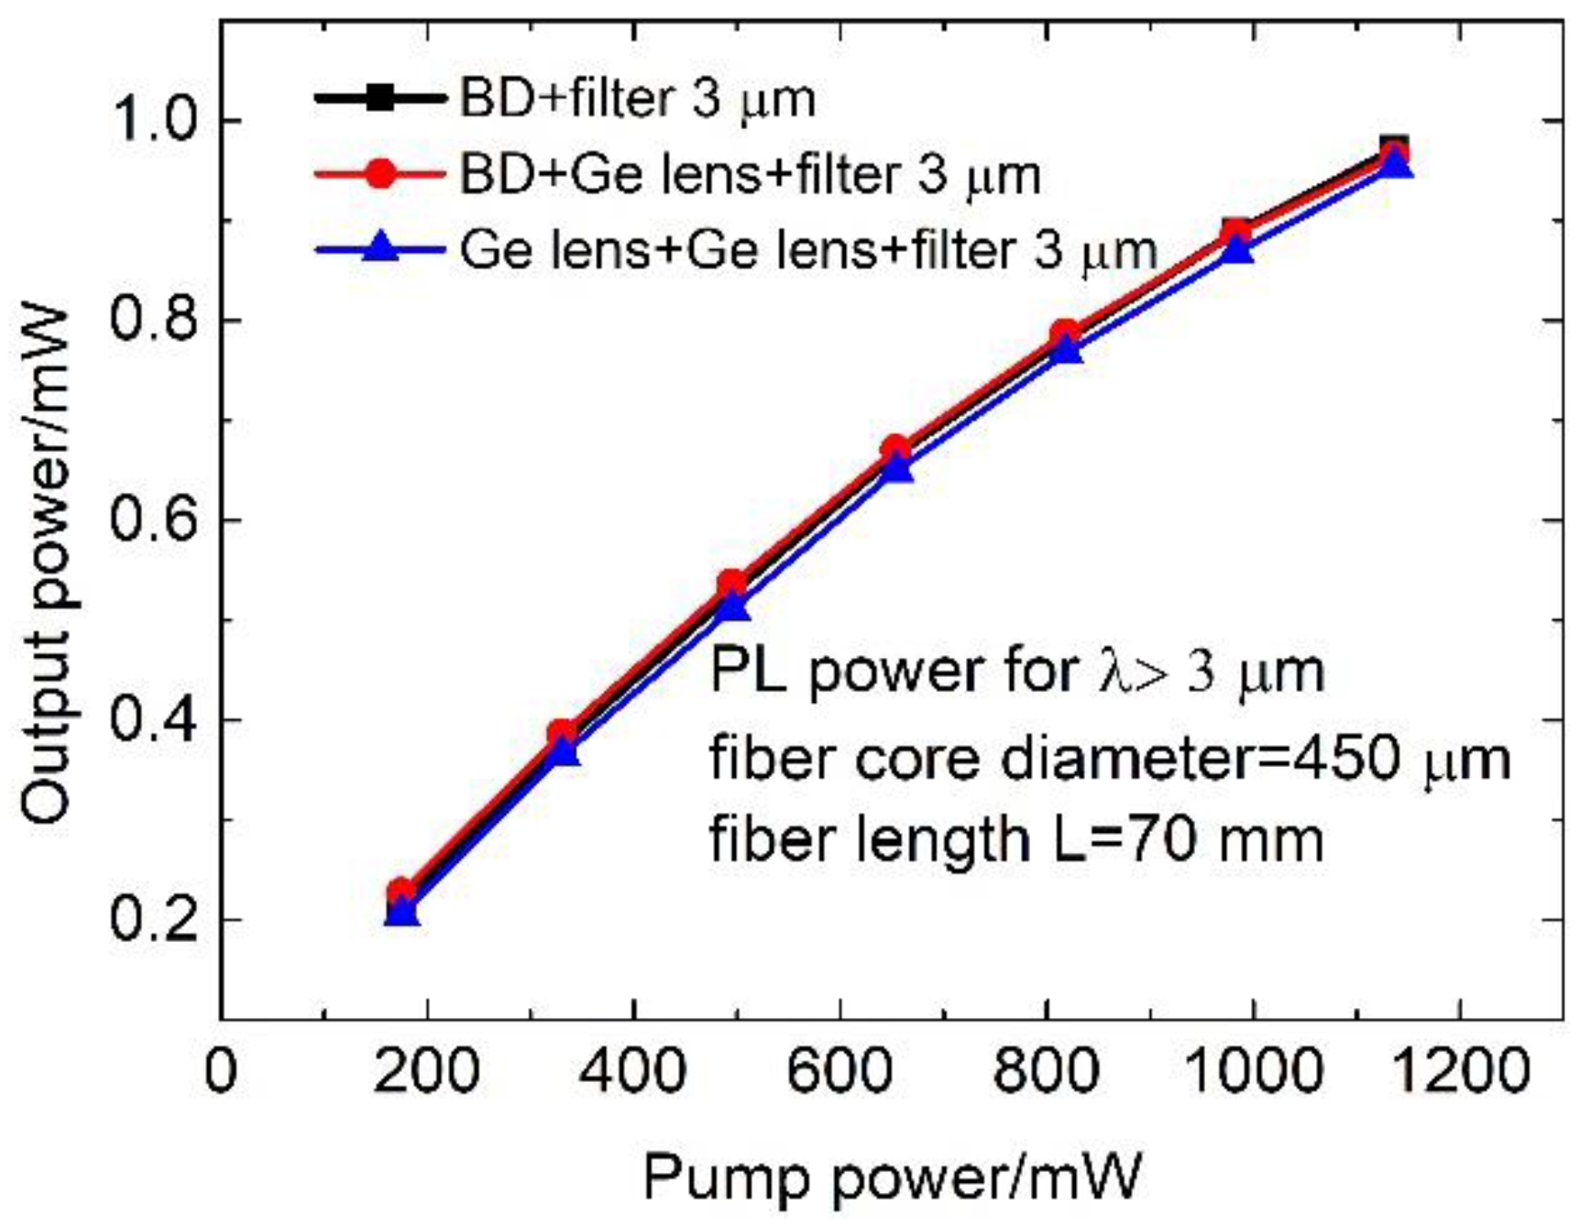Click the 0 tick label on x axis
coord(221,1069)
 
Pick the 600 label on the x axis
coord(839,1069)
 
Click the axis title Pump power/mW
coord(894,1176)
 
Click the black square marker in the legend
coord(379,98)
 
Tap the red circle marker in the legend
coord(379,173)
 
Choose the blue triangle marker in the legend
coord(379,247)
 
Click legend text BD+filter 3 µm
coord(637,98)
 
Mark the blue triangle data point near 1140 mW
coord(1395,165)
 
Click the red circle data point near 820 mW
coord(1064,334)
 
